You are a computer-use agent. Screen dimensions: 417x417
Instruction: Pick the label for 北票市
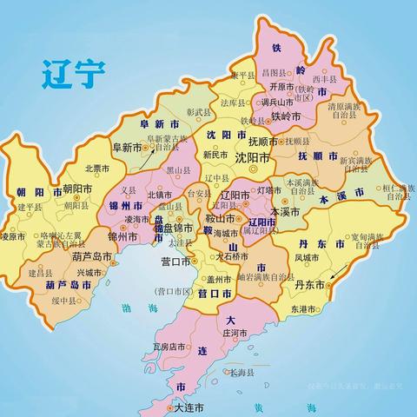click(97, 169)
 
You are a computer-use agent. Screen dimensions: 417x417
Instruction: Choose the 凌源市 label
click(12, 236)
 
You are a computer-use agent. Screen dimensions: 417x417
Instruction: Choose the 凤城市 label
click(308, 258)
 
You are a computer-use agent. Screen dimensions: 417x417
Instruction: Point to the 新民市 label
click(214, 154)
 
